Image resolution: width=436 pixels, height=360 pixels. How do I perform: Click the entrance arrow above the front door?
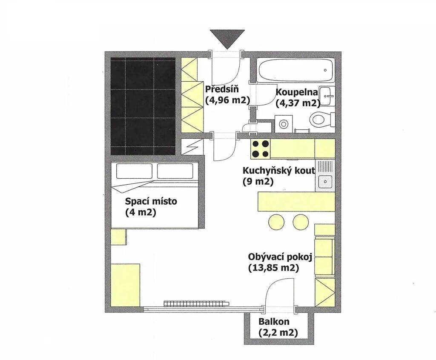click(227, 39)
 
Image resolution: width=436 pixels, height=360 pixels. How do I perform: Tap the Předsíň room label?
click(222, 89)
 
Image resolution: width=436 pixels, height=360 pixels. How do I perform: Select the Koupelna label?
click(296, 92)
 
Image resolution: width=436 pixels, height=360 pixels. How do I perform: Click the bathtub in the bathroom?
click(296, 70)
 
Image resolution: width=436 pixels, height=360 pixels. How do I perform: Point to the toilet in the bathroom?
click(323, 119)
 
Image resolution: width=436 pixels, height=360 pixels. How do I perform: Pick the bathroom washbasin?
click(327, 96)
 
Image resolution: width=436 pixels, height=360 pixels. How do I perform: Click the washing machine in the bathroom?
click(283, 123)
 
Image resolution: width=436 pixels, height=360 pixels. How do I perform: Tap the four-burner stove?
click(261, 149)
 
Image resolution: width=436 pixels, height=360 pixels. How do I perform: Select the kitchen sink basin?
click(325, 182)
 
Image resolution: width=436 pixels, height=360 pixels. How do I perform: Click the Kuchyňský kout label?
click(279, 170)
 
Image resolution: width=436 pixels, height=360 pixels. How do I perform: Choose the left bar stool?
click(276, 222)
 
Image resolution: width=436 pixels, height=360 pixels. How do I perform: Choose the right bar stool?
click(301, 222)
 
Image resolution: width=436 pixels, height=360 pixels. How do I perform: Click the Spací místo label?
click(151, 201)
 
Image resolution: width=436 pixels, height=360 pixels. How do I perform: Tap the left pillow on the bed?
click(134, 171)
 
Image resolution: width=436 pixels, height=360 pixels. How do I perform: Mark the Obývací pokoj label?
click(280, 257)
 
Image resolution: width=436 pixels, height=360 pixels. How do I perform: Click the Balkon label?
click(274, 322)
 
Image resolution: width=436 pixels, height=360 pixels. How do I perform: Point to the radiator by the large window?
click(197, 303)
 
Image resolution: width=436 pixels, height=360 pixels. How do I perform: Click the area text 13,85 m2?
click(273, 268)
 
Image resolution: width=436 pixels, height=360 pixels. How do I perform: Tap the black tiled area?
click(143, 106)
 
